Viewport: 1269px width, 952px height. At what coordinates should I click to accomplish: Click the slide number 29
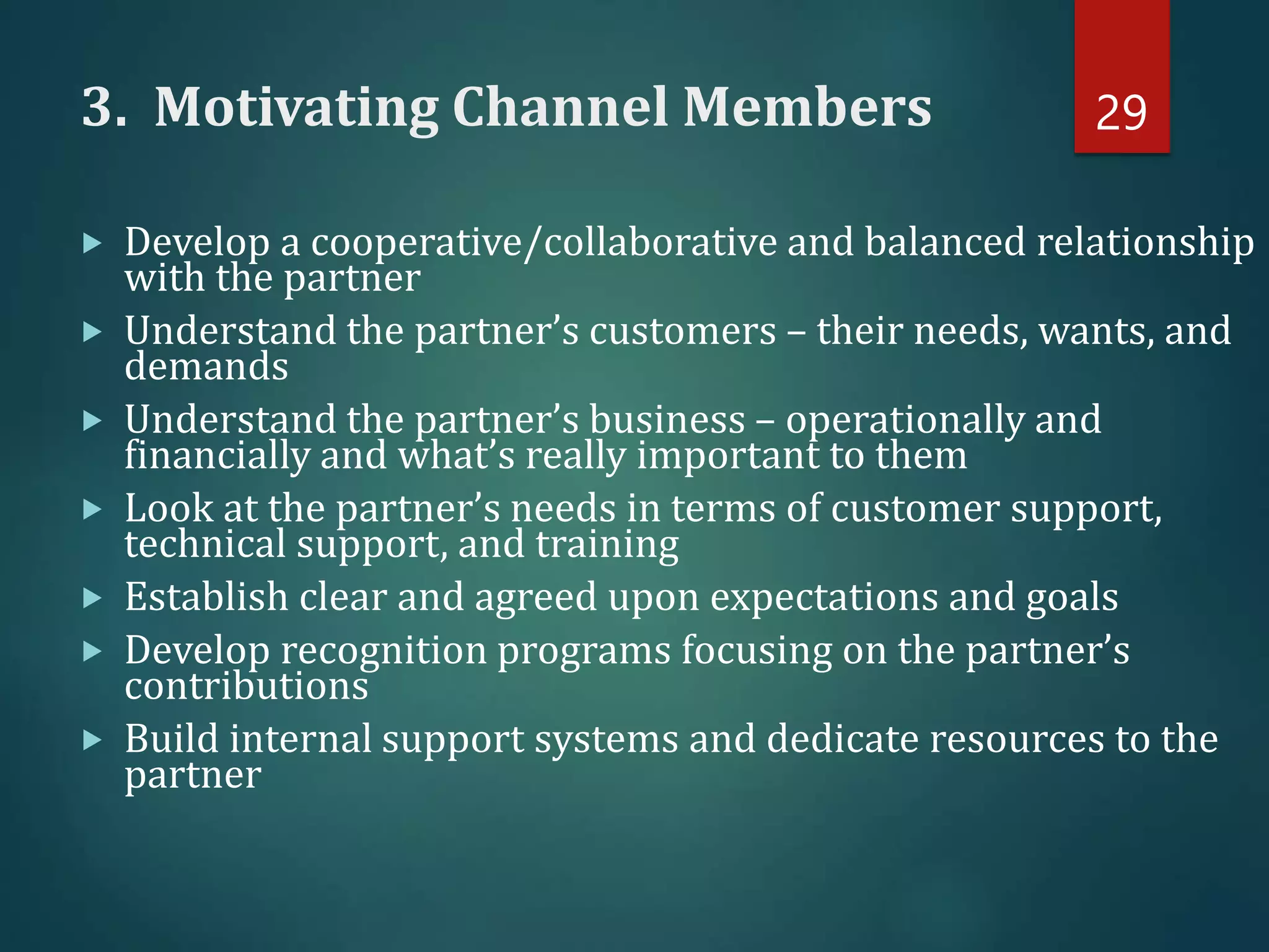(x=1121, y=113)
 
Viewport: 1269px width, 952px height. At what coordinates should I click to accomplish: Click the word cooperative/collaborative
(x=543, y=243)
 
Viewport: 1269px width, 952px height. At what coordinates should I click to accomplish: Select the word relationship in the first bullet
(x=1145, y=243)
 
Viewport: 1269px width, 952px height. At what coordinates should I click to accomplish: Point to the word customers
(x=682, y=332)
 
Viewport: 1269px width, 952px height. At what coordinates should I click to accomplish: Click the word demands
(x=206, y=367)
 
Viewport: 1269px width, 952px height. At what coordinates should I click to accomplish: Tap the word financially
(x=217, y=456)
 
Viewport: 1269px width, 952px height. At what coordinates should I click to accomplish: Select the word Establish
(x=206, y=597)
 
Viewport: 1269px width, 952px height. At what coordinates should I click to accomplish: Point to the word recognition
(x=384, y=652)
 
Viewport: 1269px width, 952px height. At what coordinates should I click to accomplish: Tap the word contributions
(x=246, y=687)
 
